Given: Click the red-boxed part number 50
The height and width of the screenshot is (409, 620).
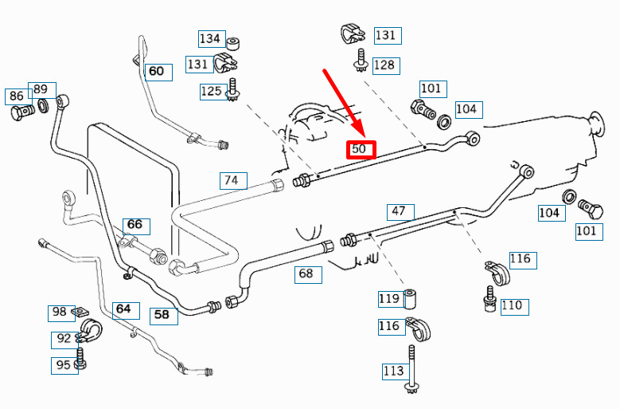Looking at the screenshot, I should pos(360,149).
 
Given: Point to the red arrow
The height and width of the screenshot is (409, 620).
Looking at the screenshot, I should pos(342,101).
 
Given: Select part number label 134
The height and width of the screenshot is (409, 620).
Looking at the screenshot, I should pos(210,38).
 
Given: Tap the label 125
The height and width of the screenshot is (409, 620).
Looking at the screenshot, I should pos(211,91).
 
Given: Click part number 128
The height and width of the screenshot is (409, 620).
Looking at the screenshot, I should pos(384,65).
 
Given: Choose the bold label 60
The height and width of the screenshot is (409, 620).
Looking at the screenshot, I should pos(156,72).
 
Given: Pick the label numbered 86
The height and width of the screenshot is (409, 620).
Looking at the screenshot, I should pos(17,96).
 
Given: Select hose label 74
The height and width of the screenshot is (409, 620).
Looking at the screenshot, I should pos(231,180).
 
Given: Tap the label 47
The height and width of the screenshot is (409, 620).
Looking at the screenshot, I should pos(399,212).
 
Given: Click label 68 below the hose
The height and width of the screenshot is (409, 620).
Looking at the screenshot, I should pos(306,274).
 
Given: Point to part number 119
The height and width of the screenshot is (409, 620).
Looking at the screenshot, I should pos(389,299).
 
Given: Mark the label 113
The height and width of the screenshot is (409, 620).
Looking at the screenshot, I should pos(393,370).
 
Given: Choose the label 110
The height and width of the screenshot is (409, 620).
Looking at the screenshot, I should pos(512,305).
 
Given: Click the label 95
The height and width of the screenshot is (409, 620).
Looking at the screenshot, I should pos(63,365).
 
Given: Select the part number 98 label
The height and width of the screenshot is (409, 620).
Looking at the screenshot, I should pos(60,312).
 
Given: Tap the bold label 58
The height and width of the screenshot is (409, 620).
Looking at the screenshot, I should pos(162,315).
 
